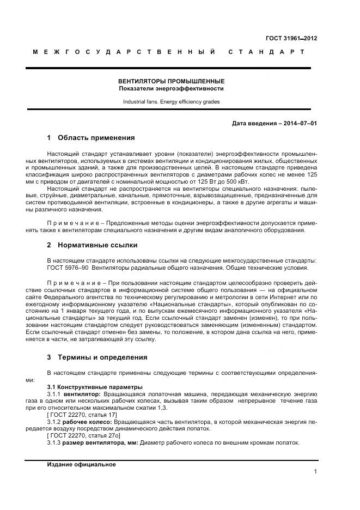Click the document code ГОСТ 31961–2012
tap(291, 38)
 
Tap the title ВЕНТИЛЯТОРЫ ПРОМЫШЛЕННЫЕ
tap(172, 81)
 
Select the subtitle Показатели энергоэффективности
tap(172, 88)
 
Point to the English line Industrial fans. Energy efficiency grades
tap(172, 101)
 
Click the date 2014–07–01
tap(299, 123)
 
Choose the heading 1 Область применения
tap(90, 138)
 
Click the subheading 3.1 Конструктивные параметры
tap(87, 386)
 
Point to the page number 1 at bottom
tap(315, 472)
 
